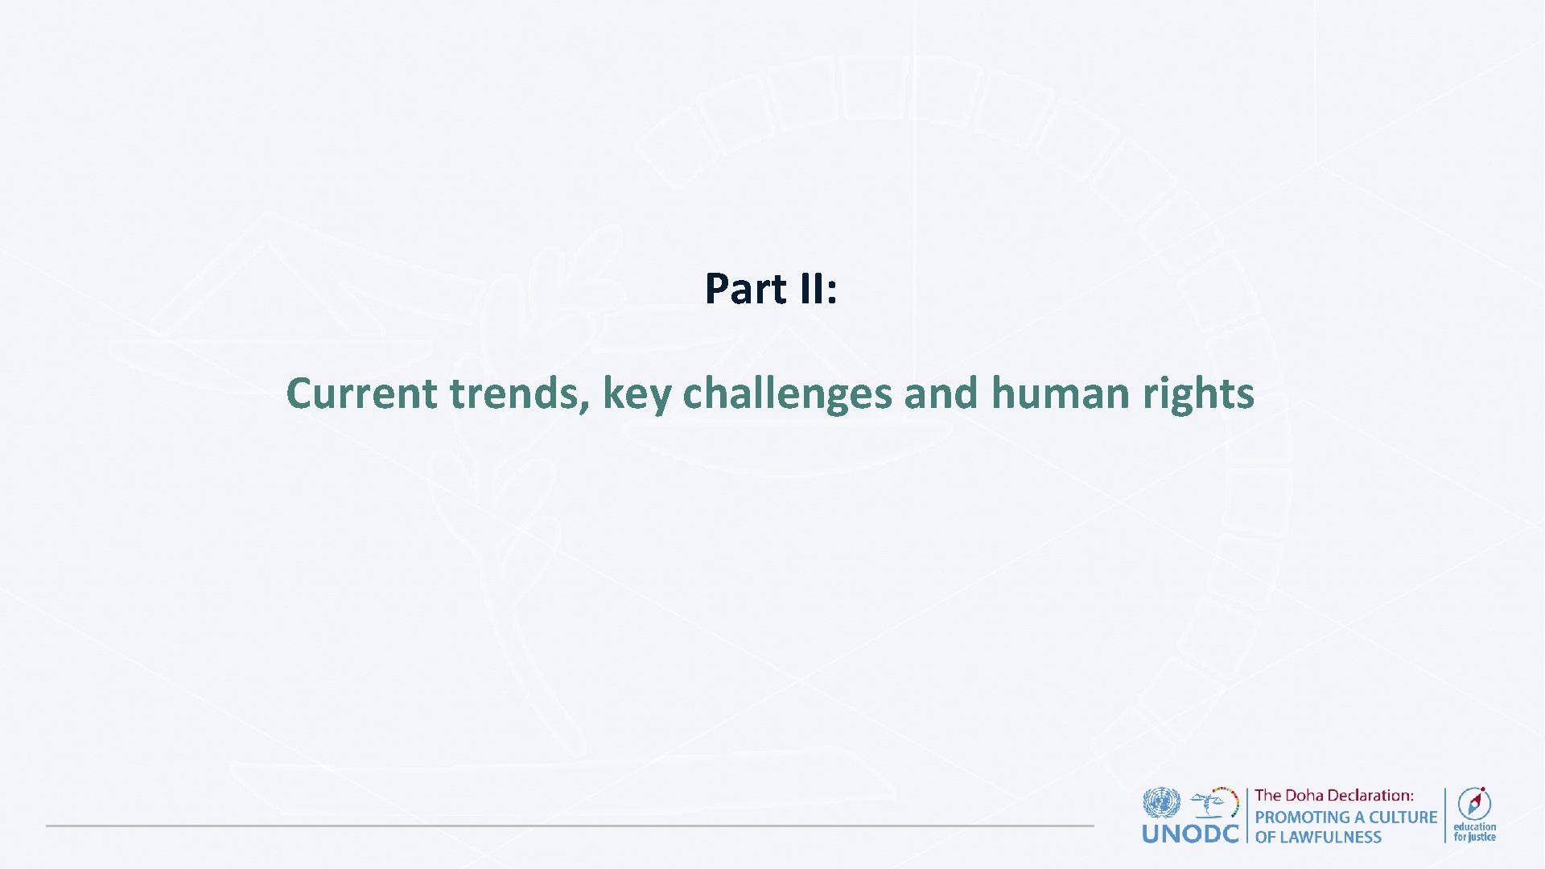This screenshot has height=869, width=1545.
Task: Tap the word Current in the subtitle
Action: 361,393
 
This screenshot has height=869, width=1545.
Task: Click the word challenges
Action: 787,393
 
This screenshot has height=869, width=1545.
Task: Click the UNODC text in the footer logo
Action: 1190,834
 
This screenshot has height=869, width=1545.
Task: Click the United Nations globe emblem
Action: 1161,803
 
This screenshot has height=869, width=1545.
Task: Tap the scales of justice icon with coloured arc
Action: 1215,803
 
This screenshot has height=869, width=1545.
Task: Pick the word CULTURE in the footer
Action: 1403,817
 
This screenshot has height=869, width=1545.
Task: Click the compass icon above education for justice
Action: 1474,803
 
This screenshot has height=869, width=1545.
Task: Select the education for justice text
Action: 1474,832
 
